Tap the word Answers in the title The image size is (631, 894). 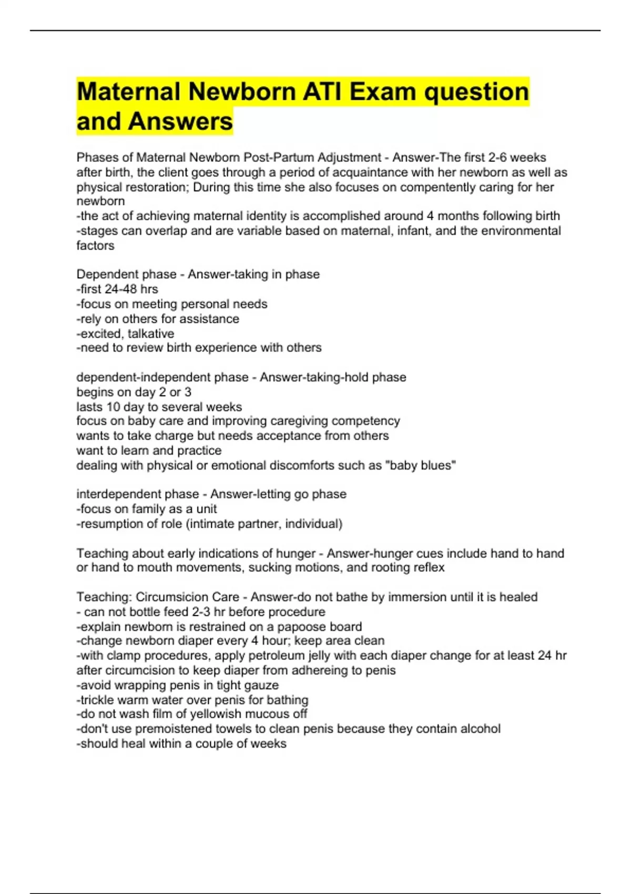coord(180,121)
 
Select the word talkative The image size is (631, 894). coord(151,333)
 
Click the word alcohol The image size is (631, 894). coord(480,729)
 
